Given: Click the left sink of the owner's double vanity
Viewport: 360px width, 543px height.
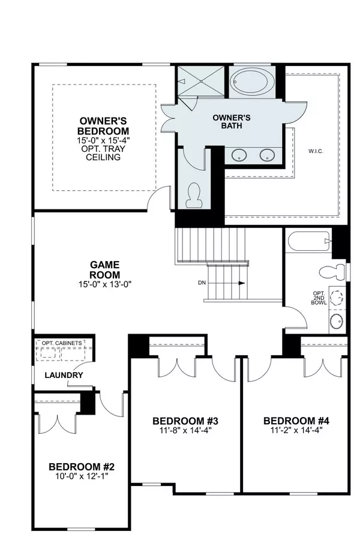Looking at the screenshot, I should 239,155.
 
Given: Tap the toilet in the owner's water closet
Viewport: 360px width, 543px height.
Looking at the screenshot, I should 194,196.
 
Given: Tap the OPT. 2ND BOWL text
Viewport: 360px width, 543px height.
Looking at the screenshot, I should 319,298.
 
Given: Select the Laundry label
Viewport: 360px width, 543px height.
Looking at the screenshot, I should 63,376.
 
